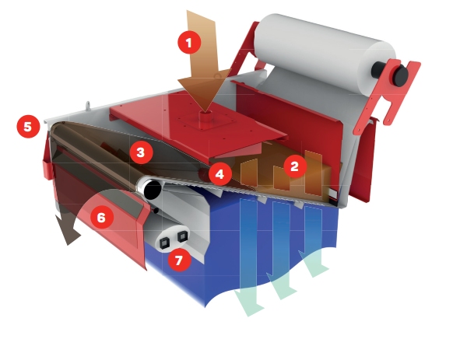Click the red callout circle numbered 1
click(x=189, y=42)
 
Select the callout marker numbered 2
click(x=295, y=166)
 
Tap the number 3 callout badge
click(x=141, y=152)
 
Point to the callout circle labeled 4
click(x=220, y=174)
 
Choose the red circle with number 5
click(x=28, y=127)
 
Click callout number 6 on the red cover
click(x=102, y=217)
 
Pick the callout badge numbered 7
click(x=179, y=260)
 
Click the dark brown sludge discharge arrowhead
click(x=68, y=230)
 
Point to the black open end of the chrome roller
click(x=153, y=190)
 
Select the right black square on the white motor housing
click(x=183, y=236)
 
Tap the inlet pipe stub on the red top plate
click(x=205, y=116)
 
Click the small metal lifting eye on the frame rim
click(x=89, y=106)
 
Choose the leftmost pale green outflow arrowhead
click(x=249, y=303)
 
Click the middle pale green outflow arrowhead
click(x=282, y=286)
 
